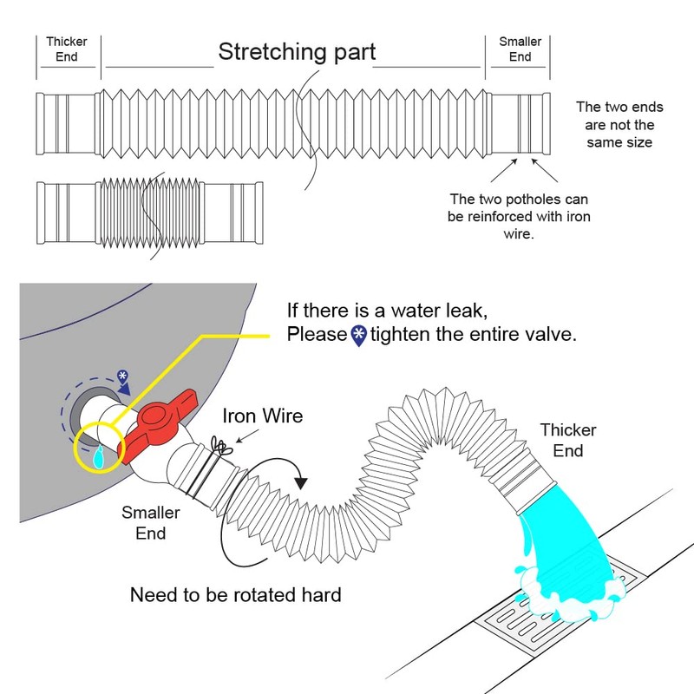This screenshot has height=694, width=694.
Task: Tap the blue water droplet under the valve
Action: [98, 457]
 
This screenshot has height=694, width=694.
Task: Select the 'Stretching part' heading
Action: [297, 52]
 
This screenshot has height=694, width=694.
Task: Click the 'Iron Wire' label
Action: [263, 416]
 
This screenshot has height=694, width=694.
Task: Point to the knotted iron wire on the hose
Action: [221, 446]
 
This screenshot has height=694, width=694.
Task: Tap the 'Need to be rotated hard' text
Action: [235, 595]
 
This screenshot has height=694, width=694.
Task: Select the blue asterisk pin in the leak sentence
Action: [359, 336]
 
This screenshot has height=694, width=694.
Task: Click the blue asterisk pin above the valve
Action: [122, 377]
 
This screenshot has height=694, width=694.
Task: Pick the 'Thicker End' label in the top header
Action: [67, 49]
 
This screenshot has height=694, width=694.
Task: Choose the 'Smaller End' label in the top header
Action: [520, 49]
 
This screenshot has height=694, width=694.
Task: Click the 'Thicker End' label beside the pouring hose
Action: [568, 441]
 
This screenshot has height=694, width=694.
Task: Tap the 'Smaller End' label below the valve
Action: [150, 523]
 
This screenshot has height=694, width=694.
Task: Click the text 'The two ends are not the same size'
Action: [619, 125]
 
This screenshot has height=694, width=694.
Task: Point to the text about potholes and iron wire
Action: [519, 216]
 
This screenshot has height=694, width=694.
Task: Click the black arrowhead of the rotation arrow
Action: [301, 483]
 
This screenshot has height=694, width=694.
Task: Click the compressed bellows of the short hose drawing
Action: [149, 213]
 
